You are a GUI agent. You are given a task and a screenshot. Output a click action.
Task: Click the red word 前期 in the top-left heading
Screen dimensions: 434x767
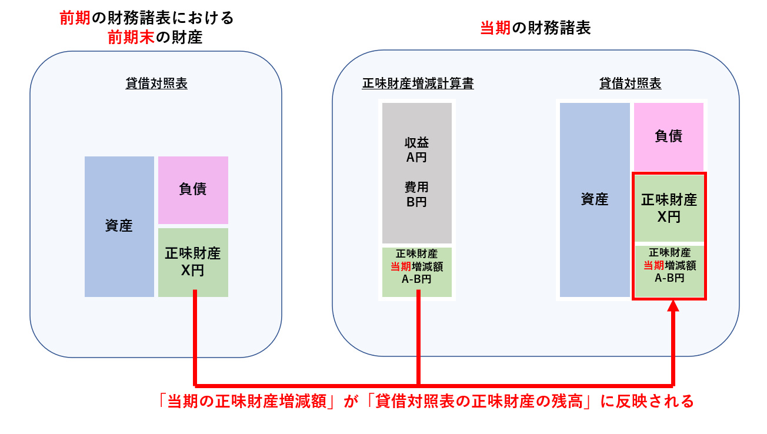pyautogui.click(x=75, y=18)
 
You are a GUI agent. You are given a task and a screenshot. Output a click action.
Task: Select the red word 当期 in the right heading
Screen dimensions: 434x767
pyautogui.click(x=495, y=28)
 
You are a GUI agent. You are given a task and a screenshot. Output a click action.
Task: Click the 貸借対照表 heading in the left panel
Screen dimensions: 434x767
pyautogui.click(x=156, y=84)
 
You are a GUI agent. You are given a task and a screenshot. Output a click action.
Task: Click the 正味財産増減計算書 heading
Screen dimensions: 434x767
pyautogui.click(x=418, y=84)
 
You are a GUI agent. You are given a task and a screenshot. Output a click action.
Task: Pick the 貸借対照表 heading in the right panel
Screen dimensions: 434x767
pyautogui.click(x=630, y=84)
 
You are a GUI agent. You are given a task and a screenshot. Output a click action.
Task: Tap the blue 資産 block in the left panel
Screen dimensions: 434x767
pyautogui.click(x=119, y=226)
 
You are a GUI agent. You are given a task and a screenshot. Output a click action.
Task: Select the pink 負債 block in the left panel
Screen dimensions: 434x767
pyautogui.click(x=193, y=190)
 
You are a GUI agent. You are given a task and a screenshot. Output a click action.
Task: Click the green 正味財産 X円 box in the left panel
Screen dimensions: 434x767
pyautogui.click(x=193, y=262)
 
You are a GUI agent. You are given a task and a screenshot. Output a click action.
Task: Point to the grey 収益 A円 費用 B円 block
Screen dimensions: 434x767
pyautogui.click(x=417, y=173)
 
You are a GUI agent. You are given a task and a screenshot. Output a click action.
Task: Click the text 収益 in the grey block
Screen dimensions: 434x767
pyautogui.click(x=416, y=143)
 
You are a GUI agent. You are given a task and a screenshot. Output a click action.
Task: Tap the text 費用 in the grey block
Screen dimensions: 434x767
pyautogui.click(x=416, y=188)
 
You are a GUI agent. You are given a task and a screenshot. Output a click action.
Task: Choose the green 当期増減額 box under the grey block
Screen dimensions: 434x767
pyautogui.click(x=417, y=272)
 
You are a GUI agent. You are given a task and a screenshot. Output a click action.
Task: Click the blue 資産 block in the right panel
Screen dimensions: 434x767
pyautogui.click(x=594, y=200)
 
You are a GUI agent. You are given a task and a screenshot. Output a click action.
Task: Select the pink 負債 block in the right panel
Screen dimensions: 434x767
pyautogui.click(x=669, y=136)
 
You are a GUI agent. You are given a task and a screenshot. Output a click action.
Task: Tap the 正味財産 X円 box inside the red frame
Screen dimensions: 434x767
pyautogui.click(x=669, y=208)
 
